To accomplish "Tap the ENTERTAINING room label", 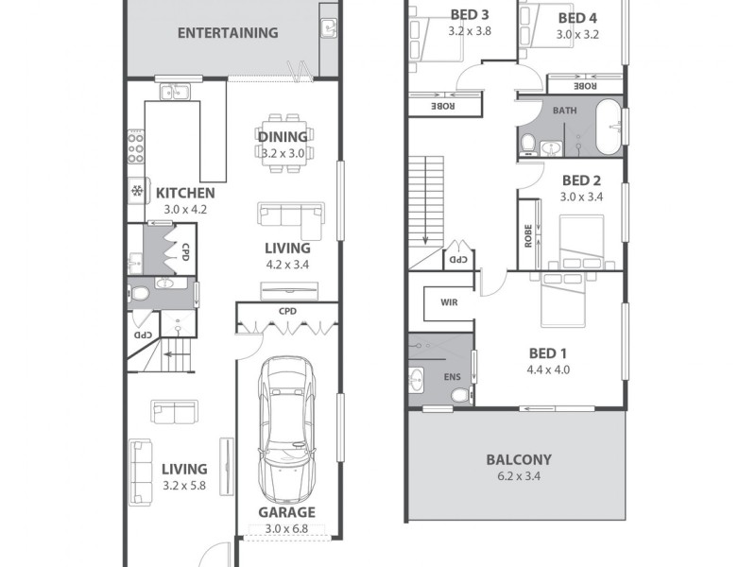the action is tap(228, 33).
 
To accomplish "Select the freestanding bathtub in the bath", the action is tap(610, 127).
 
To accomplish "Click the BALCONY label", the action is tap(519, 459).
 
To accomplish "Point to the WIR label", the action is tap(449, 302).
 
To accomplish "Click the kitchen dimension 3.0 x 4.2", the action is tap(185, 210).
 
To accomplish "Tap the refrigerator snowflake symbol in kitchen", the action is tap(137, 192).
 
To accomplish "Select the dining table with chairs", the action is tap(283, 144).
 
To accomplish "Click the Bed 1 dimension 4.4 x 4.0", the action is tap(548, 369).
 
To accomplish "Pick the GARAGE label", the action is tap(287, 512).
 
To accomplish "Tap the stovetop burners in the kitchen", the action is tap(135, 146).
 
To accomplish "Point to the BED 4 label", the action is tap(577, 18).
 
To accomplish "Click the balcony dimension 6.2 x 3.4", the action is tap(519, 476).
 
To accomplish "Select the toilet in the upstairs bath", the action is tap(529, 145).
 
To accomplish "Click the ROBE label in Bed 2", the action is tap(528, 235).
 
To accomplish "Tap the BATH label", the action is tap(564, 111).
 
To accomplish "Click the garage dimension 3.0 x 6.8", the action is tap(286, 529).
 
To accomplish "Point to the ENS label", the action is tap(453, 377).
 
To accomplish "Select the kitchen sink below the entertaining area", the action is tap(175, 91).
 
